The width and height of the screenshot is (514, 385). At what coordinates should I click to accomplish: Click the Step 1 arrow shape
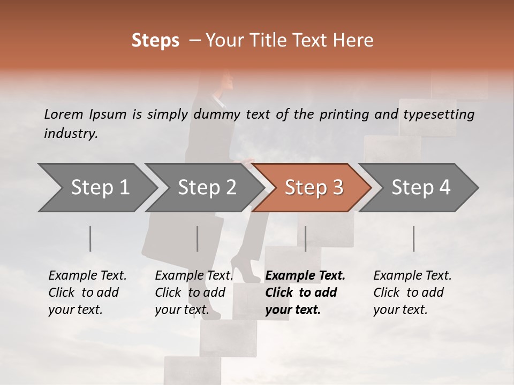tap(100, 188)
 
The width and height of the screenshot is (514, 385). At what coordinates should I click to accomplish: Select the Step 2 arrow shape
tap(207, 188)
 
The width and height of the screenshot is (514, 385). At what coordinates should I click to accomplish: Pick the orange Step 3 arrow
tap(314, 188)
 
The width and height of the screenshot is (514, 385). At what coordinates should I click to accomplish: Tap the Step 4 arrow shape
tap(421, 188)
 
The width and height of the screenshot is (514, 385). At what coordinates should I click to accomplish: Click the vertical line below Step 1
tap(90, 238)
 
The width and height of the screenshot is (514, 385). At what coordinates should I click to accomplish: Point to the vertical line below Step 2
tap(198, 238)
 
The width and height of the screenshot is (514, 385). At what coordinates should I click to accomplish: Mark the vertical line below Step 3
tap(305, 238)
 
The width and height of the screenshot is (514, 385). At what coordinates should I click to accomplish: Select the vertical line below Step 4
tap(414, 238)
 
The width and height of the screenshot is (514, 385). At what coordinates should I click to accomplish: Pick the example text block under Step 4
tap(412, 292)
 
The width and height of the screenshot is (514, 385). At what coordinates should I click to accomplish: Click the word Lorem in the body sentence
tap(64, 114)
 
